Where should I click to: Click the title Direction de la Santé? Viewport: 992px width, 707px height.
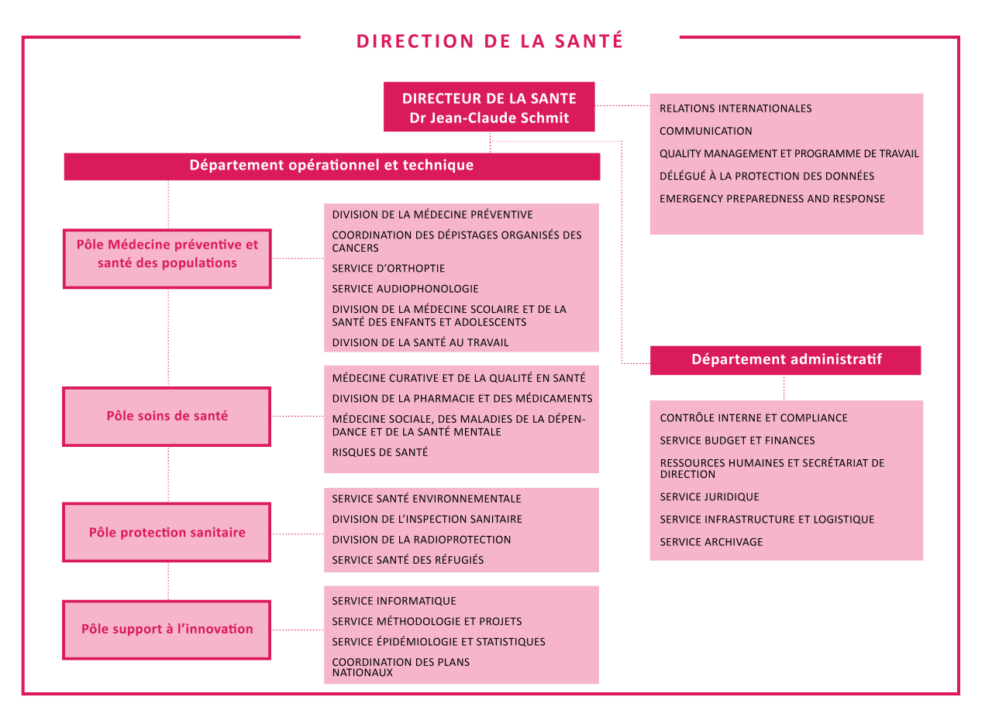(489, 41)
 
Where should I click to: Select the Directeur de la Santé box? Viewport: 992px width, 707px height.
(489, 107)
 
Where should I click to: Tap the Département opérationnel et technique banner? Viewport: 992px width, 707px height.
(332, 166)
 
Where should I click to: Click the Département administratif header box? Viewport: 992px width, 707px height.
(785, 360)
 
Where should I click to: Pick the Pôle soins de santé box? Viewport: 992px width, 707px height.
(167, 417)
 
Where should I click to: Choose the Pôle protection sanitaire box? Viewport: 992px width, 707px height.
(167, 532)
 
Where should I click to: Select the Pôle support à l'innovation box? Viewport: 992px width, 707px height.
(167, 630)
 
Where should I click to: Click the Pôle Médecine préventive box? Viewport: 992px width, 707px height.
(167, 259)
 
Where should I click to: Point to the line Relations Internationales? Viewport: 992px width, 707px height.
(735, 108)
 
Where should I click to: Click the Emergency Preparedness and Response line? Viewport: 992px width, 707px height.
(772, 199)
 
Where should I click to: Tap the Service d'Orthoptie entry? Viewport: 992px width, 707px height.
(388, 268)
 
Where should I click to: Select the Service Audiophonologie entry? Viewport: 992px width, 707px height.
(405, 289)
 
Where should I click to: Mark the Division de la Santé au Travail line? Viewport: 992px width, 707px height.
(420, 342)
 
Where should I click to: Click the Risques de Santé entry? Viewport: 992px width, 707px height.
(380, 452)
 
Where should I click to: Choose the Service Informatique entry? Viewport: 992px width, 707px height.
(394, 601)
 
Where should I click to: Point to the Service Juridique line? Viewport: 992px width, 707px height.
(709, 497)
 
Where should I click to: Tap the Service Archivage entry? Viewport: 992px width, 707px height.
(711, 542)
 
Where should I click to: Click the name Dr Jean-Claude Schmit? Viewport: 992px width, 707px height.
(489, 118)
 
